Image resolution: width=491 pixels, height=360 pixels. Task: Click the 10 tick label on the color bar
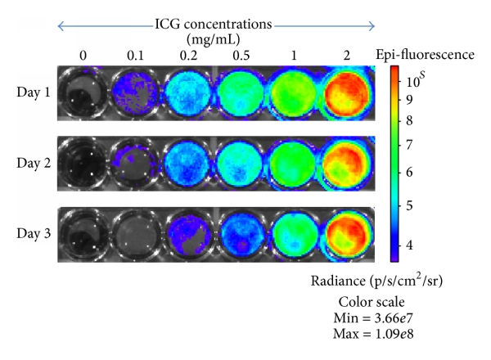(422, 83)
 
